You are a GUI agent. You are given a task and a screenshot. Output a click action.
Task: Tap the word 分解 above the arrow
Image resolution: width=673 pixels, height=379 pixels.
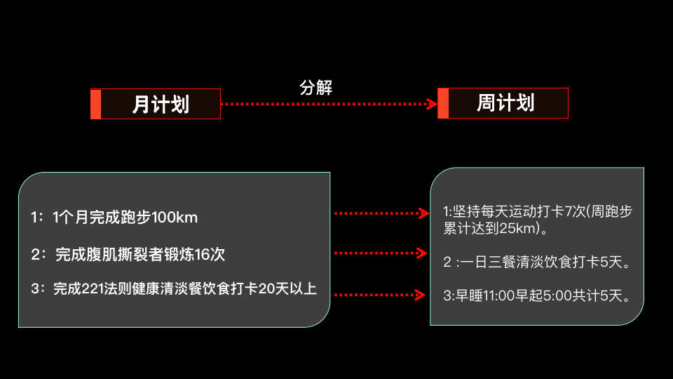(x=315, y=88)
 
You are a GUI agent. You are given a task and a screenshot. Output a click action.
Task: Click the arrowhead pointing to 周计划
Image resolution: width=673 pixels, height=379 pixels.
(x=433, y=104)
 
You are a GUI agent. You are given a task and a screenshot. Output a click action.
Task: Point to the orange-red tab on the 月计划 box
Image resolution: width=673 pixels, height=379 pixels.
(x=96, y=104)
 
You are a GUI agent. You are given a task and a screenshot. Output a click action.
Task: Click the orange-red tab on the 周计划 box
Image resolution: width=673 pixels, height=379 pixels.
(x=442, y=103)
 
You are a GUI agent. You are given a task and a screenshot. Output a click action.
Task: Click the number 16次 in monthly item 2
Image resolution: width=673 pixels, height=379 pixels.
(x=210, y=254)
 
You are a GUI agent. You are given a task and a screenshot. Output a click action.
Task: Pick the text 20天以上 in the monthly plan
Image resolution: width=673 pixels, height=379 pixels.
(x=287, y=289)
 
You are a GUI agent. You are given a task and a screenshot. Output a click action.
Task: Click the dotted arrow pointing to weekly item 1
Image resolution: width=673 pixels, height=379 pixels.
(x=381, y=213)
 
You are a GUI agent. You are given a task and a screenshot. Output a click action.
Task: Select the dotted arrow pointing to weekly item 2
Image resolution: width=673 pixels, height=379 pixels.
(x=381, y=253)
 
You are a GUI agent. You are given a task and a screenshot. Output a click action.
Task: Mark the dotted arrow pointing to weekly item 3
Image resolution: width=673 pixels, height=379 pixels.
(x=381, y=295)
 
